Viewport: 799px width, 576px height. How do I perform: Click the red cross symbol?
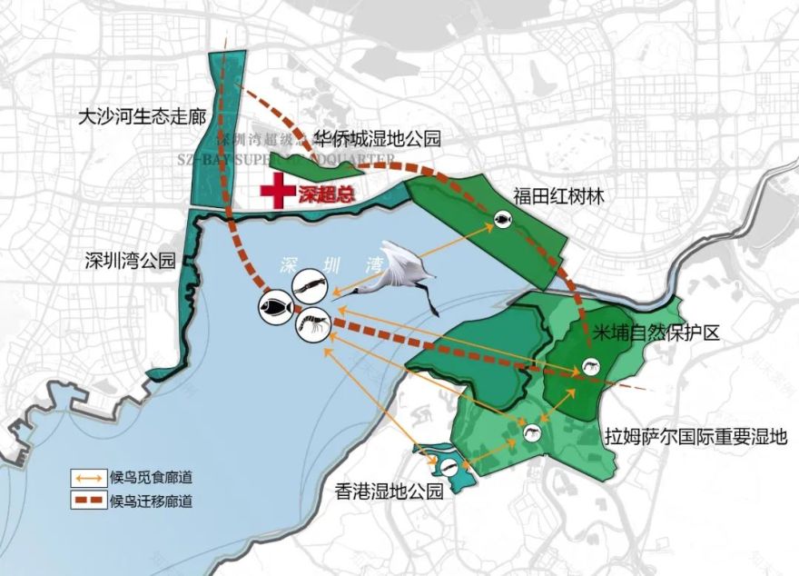pyautogui.click(x=273, y=192)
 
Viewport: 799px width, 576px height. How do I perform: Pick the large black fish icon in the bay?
pyautogui.click(x=274, y=308)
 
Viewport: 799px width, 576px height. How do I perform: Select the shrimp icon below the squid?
pyautogui.click(x=311, y=324)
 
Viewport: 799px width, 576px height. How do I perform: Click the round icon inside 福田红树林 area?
pyautogui.click(x=500, y=219)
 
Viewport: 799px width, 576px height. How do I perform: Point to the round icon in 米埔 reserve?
pyautogui.click(x=584, y=369)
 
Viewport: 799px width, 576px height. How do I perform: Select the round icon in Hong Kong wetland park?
pyautogui.click(x=448, y=468)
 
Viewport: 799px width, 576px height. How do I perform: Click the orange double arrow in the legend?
pyautogui.click(x=87, y=477)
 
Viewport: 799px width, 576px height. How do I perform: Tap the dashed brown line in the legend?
pyautogui.click(x=87, y=500)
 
